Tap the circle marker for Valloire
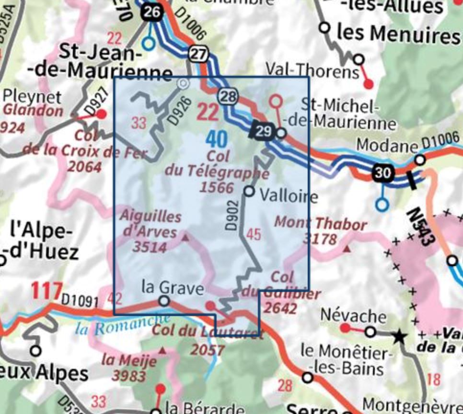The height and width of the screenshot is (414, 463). pos(249,191)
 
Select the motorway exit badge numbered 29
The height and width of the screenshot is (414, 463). pos(263,131)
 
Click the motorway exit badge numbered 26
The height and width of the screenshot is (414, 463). pos(151,13)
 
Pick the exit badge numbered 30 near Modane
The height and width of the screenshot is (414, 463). pos(383,173)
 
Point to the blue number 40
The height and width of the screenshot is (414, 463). pos(217,139)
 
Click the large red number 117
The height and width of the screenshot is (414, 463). pos(46,291)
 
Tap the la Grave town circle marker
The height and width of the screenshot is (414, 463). pos(164,301)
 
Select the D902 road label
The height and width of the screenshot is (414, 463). pos(232,215)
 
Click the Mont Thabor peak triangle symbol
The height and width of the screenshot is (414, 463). pos(348,249)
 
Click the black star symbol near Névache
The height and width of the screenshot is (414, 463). pos(399,337)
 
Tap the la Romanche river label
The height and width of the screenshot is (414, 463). pos(123,325)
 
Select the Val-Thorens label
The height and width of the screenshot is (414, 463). pos(313,72)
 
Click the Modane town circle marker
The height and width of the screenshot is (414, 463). pos(420,159)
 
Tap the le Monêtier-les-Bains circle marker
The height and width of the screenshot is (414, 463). pos(308,377)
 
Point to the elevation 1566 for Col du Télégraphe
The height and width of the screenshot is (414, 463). pos(217,187)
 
